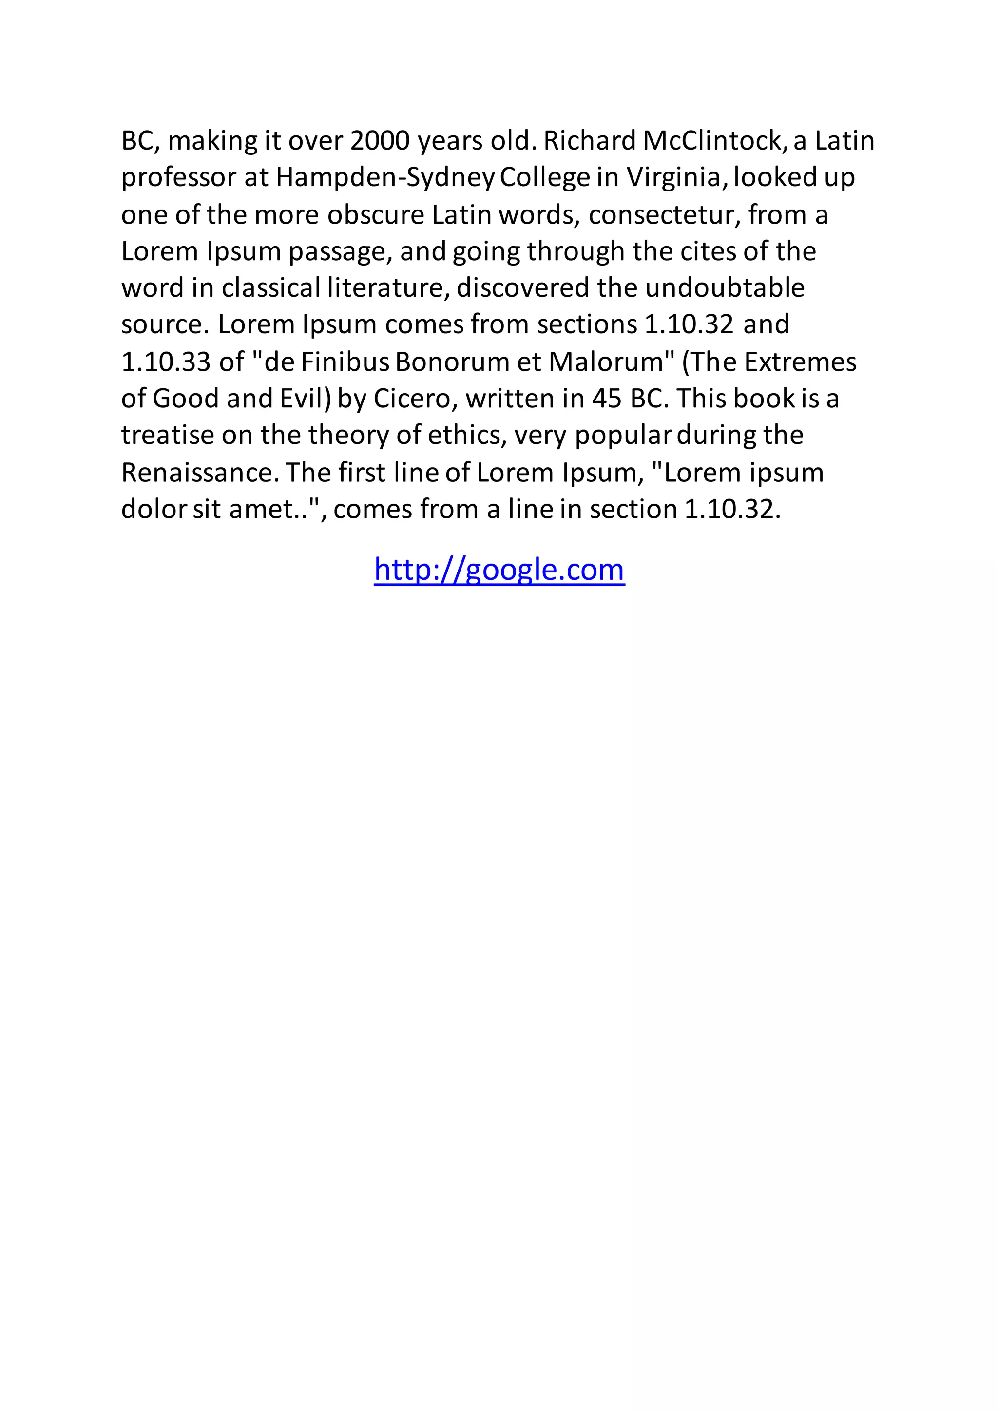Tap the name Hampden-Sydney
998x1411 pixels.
pyautogui.click(x=384, y=178)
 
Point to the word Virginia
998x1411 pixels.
pyautogui.click(x=676, y=178)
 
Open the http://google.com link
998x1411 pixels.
pyautogui.click(x=499, y=570)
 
